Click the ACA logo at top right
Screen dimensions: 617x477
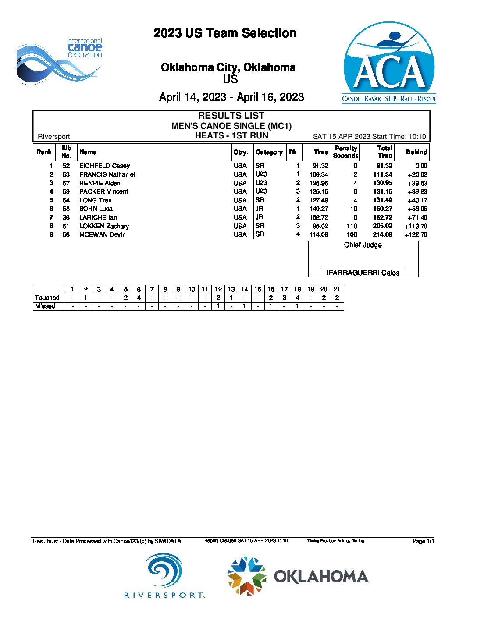pyautogui.click(x=389, y=63)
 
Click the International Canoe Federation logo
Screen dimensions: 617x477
pyautogui.click(x=59, y=61)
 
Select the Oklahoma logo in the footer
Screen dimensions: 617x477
pyautogui.click(x=298, y=576)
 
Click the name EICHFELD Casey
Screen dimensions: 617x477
pyautogui.click(x=104, y=166)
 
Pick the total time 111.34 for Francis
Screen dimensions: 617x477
pyautogui.click(x=382, y=174)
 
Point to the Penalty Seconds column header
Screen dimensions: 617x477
pyautogui.click(x=345, y=152)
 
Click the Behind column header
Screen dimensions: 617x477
pyautogui.click(x=416, y=152)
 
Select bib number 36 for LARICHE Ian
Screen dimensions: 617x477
pyautogui.click(x=66, y=217)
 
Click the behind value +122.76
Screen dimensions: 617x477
pyautogui.click(x=416, y=234)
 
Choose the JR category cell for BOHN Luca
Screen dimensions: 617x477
pyautogui.click(x=260, y=209)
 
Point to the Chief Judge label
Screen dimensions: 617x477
pyautogui.click(x=363, y=245)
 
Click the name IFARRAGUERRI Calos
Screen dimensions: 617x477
pyautogui.click(x=363, y=273)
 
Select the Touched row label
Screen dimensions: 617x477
pyautogui.click(x=47, y=298)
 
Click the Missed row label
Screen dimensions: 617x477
pyautogui.click(x=45, y=306)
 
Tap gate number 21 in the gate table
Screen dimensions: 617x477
pyautogui.click(x=337, y=289)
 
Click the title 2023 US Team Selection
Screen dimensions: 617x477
pyautogui.click(x=225, y=33)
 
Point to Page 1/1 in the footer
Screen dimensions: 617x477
pyautogui.click(x=423, y=541)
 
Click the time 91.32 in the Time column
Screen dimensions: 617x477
pyautogui.click(x=320, y=166)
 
